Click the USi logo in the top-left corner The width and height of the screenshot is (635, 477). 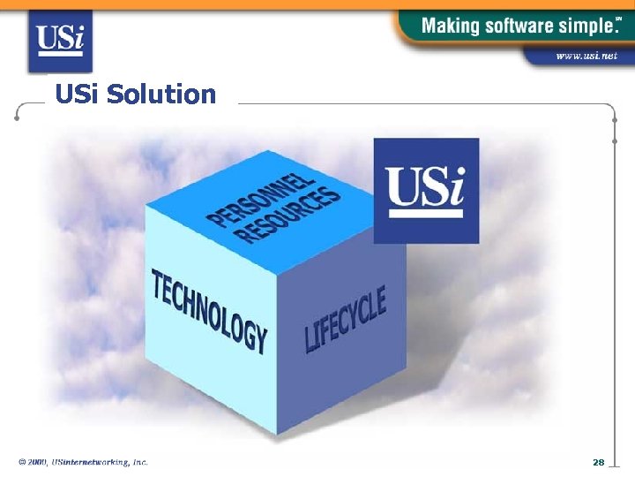click(x=60, y=41)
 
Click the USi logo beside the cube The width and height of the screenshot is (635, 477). click(x=426, y=190)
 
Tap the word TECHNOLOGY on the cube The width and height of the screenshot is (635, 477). click(x=209, y=309)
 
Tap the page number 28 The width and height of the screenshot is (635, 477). click(x=598, y=462)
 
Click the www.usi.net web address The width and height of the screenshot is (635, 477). click(x=586, y=56)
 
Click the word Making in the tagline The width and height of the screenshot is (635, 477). click(x=450, y=26)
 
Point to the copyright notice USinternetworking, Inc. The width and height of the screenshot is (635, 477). click(x=100, y=462)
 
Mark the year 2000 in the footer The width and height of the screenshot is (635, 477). click(x=36, y=462)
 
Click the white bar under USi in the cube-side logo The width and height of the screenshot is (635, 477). click(x=426, y=213)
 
